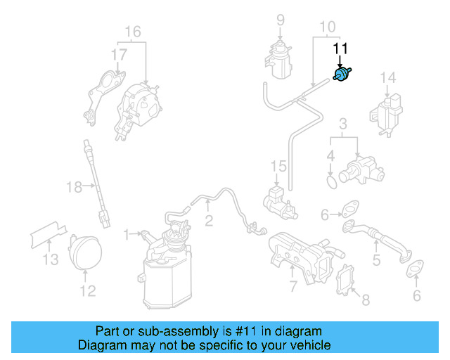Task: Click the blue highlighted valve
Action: tap(342, 75)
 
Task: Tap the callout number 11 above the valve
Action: tap(340, 48)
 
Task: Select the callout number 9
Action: tap(280, 19)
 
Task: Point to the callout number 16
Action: tap(133, 31)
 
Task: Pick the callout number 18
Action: tap(75, 186)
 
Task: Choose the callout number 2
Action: tap(209, 221)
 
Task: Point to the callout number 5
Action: tap(376, 261)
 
